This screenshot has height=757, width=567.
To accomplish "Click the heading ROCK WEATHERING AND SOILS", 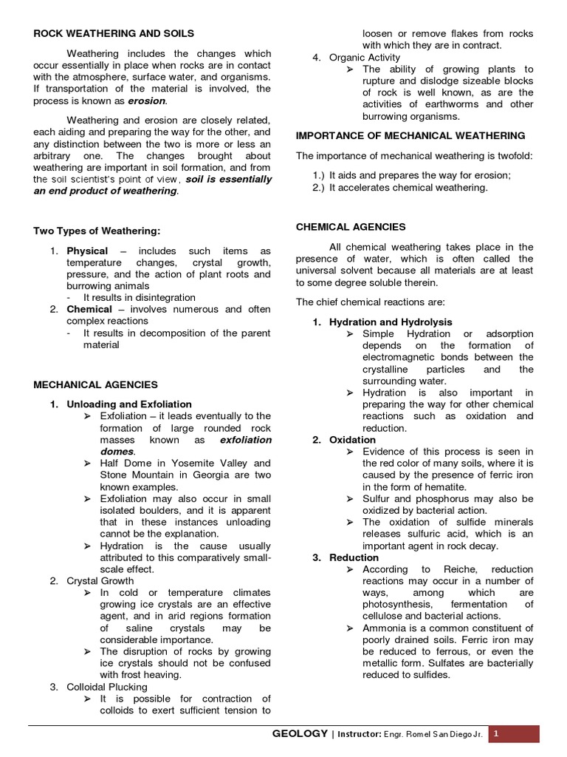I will pos(114,33).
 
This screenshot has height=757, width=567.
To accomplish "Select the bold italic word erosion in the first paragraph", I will pos(147,101).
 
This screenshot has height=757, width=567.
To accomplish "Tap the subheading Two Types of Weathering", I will pos(97,231).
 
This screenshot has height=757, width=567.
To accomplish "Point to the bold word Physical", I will pos(87,251).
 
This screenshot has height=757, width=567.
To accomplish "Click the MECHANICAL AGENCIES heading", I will pos(95,384).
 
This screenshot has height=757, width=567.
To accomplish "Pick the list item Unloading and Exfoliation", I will pos(129,404).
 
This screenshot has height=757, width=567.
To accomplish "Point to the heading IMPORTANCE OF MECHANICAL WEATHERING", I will pos(410,136).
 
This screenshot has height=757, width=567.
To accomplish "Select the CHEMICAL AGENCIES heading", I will pos(351,227).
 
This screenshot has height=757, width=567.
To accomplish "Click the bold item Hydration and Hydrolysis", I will pos(391,322).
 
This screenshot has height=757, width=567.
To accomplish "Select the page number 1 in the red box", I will pos(497,733).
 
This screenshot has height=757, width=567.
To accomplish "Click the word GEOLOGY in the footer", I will pos(300,733).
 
